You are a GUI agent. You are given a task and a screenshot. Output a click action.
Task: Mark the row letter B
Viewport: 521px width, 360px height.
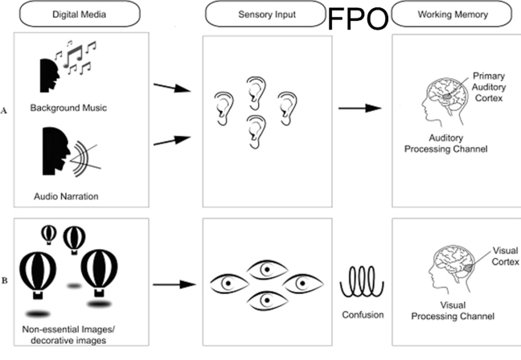pos(7,281)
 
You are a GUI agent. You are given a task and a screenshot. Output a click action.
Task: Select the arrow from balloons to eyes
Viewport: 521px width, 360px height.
pos(174,283)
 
